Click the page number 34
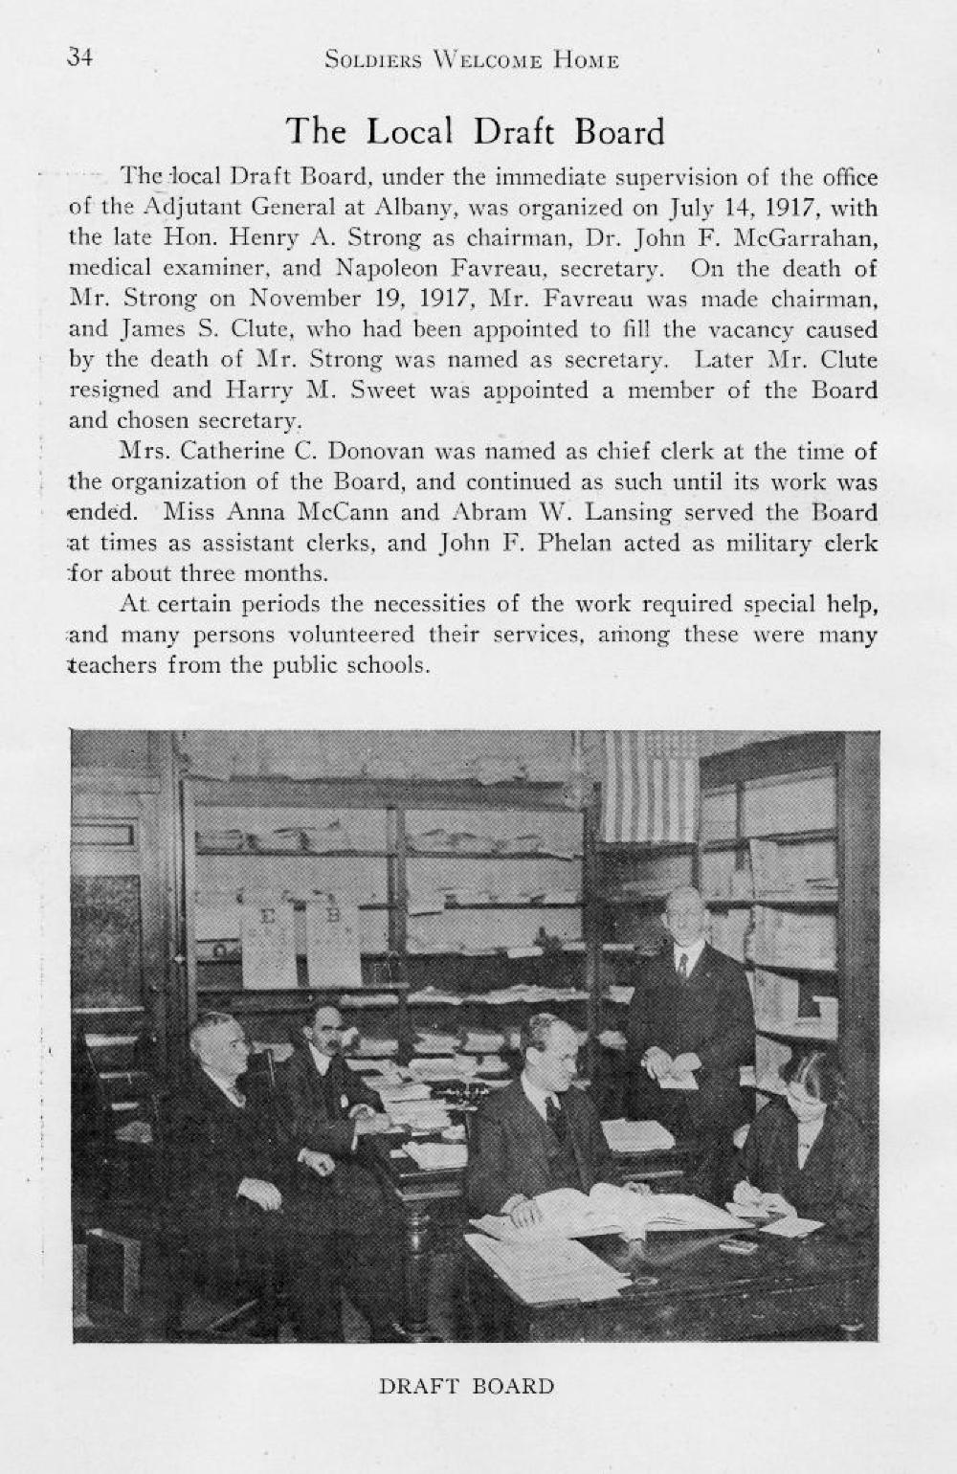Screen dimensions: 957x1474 coord(79,57)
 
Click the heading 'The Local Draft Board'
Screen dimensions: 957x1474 coord(476,131)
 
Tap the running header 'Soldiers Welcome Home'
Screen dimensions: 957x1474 coord(472,61)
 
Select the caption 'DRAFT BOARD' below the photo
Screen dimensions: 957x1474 coord(466,1386)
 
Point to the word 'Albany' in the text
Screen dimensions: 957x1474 coord(415,208)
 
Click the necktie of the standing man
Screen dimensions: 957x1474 coord(683,965)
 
